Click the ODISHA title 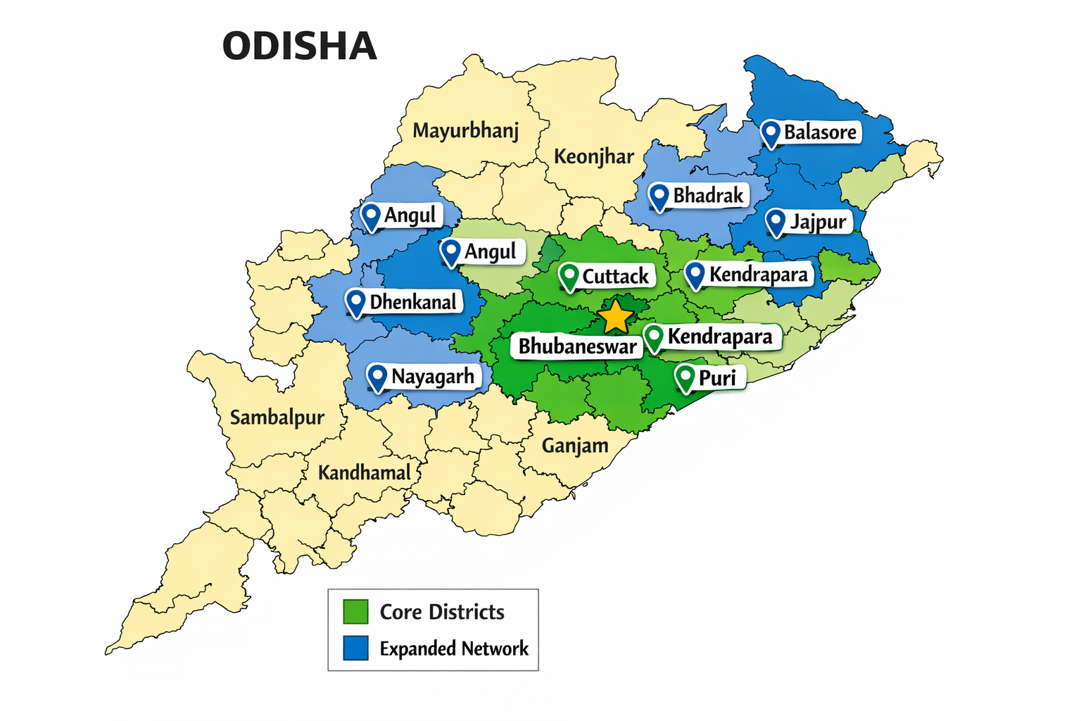300,46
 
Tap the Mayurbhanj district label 465,131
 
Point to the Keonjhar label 593,156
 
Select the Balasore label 820,132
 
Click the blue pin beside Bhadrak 659,196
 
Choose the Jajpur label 818,222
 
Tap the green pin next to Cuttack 569,276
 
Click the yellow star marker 616,317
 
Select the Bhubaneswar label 577,346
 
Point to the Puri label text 717,378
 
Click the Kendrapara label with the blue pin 758,274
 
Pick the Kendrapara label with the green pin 720,337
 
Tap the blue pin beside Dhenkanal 356,303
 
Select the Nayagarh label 432,377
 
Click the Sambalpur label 277,418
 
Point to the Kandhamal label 364,472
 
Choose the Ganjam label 575,446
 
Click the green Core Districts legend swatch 355,611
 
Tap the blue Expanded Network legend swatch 355,648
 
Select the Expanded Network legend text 454,648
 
